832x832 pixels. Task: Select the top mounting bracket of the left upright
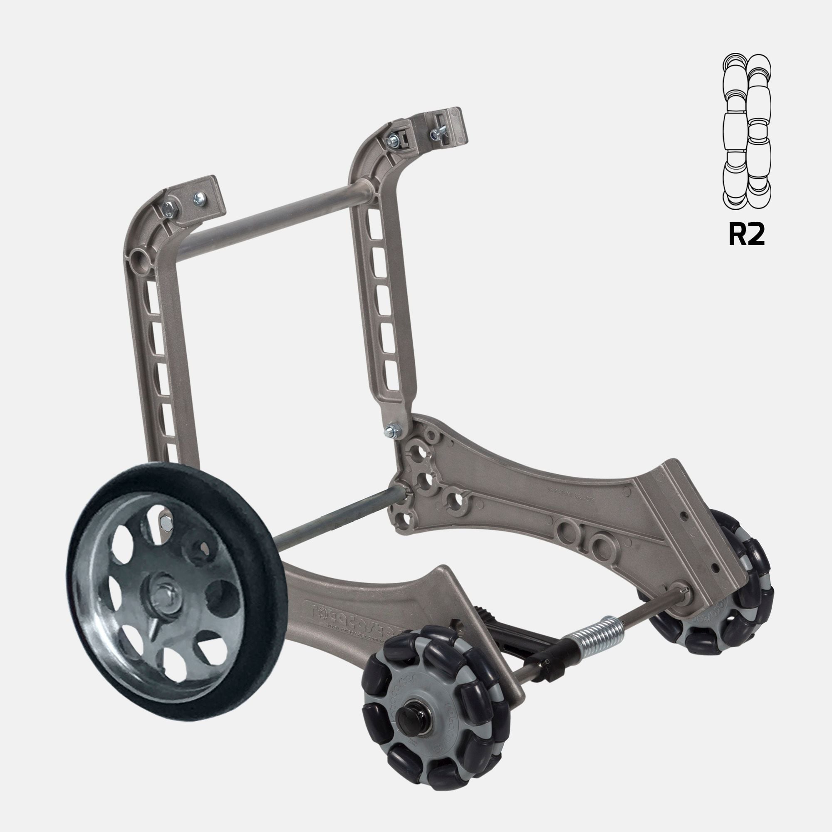pos(193,201)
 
